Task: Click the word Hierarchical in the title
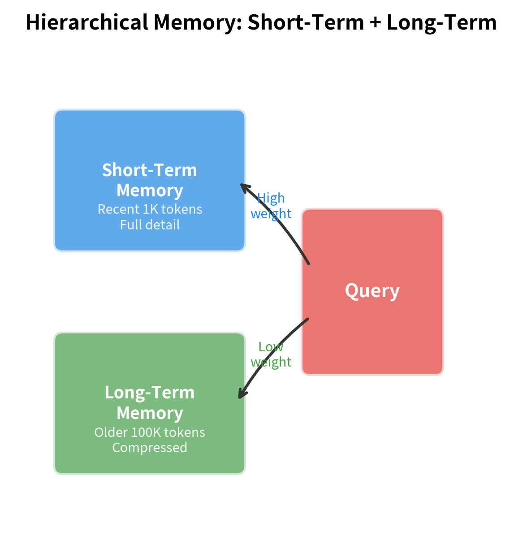(x=86, y=22)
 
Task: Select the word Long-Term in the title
(x=441, y=22)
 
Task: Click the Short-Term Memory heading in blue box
(x=150, y=180)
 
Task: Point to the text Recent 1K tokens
(x=150, y=209)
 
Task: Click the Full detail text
(x=150, y=225)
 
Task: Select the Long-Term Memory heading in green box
(x=150, y=402)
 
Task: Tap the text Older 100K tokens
(x=150, y=432)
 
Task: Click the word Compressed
(x=150, y=448)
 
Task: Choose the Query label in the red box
(x=372, y=291)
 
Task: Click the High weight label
(x=271, y=206)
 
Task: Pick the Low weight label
(x=271, y=354)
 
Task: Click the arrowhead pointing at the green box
(x=241, y=395)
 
